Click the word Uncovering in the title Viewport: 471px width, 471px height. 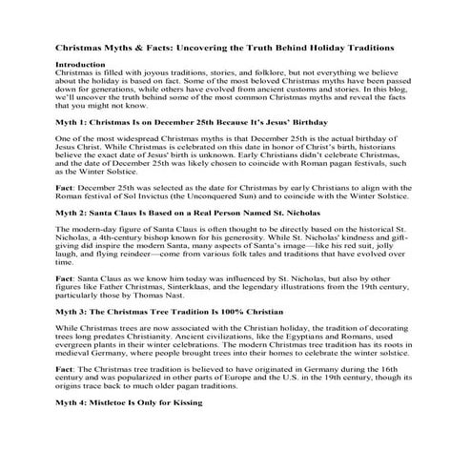click(x=213, y=47)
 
